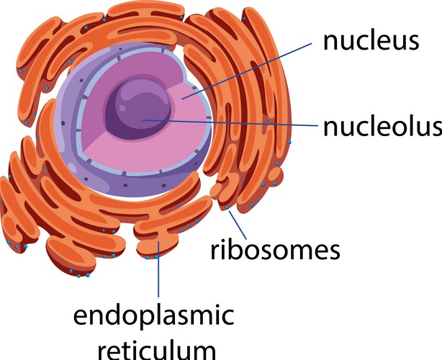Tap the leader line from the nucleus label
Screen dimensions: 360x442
click(245, 69)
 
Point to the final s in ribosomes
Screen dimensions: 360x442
click(333, 251)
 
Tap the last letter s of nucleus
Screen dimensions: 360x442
click(412, 42)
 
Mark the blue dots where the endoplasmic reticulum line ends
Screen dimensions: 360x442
click(156, 256)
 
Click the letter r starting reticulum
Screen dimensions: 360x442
click(102, 349)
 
